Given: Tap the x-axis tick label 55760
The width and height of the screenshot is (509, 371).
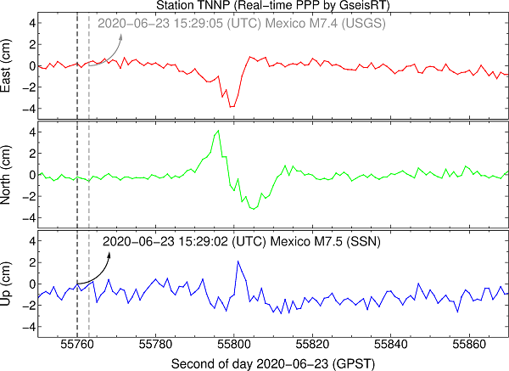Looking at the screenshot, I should point(77,346).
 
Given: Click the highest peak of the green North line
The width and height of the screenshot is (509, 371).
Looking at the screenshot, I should point(219,131).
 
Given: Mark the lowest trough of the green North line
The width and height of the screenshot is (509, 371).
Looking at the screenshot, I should point(252,209).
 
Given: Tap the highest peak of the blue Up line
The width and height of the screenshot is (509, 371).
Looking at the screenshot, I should point(238,261).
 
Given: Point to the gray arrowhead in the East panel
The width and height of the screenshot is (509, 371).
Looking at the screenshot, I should point(120,36).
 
